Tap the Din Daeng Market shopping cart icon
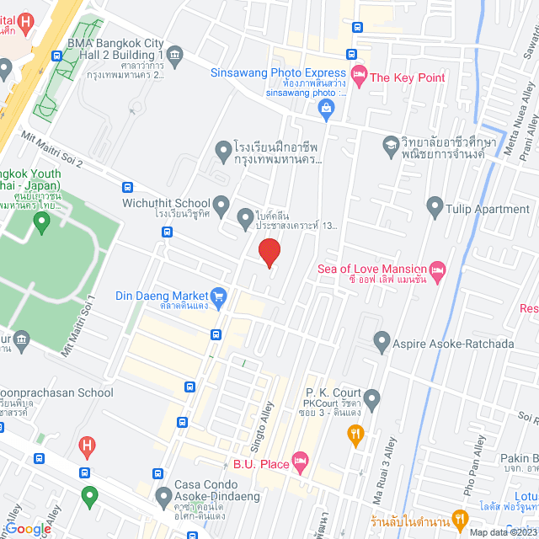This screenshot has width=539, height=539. click(x=220, y=296)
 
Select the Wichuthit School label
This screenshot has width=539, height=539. click(x=171, y=203)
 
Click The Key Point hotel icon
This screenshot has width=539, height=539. click(x=359, y=77)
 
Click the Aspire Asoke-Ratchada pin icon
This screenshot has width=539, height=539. click(x=382, y=343)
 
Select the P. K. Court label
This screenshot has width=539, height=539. click(x=333, y=393)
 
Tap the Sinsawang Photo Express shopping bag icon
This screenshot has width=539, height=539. click(x=324, y=106)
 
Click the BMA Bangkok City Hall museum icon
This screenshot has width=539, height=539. click(x=174, y=56)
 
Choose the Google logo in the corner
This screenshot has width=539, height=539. click(x=27, y=528)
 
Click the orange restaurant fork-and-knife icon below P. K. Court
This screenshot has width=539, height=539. click(x=355, y=434)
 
